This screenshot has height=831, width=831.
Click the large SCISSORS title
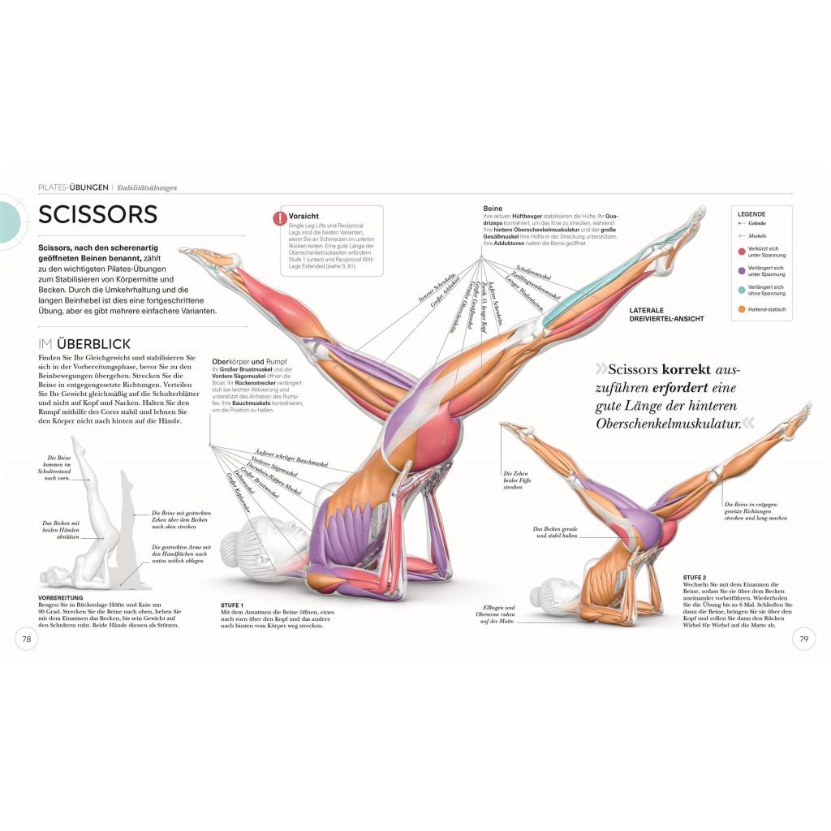point(97,214)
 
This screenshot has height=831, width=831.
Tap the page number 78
point(26,639)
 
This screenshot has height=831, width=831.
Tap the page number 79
point(803,639)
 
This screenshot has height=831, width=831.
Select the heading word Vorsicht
point(304,217)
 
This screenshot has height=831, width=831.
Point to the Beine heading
point(493,208)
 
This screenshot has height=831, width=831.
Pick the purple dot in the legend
point(741,269)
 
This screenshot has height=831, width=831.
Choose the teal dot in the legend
point(741,290)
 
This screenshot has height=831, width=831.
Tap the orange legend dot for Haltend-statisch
point(741,309)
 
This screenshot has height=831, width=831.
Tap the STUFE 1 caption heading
point(232,605)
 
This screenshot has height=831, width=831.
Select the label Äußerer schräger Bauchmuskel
point(291,458)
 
